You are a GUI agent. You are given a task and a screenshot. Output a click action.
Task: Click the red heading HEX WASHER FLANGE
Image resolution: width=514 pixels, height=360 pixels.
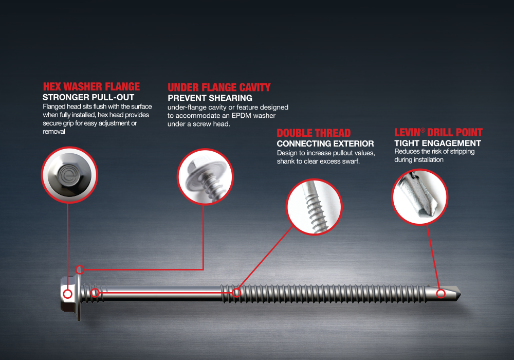91,86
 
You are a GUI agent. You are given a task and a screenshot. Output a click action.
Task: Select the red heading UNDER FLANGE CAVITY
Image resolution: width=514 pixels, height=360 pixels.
219,87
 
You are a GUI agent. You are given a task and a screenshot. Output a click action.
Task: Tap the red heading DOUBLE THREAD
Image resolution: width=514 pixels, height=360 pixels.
314,133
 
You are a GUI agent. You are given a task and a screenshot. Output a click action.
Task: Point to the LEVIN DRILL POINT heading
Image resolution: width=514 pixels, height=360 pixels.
438,133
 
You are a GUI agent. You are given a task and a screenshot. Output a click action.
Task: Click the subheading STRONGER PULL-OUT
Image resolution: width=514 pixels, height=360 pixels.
88,97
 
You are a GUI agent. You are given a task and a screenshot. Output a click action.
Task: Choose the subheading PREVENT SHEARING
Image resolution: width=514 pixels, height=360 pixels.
210,98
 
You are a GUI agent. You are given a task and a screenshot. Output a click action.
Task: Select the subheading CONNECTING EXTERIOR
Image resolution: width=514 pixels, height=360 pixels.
325,143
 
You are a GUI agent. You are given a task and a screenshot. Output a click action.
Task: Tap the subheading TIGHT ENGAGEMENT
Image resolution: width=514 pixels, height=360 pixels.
437,143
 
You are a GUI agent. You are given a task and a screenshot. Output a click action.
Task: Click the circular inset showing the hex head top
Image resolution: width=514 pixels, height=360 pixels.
69,174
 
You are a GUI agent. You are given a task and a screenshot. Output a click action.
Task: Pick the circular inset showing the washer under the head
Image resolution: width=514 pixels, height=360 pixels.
205,177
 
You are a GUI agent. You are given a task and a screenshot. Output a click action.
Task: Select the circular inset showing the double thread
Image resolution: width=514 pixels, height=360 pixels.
314,207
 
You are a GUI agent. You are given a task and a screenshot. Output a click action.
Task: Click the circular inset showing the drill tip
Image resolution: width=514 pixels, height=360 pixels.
419,197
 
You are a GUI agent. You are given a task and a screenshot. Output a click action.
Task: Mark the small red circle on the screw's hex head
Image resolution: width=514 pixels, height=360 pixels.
68,294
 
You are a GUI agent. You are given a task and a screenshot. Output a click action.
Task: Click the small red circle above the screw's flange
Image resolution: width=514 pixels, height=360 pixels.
80,270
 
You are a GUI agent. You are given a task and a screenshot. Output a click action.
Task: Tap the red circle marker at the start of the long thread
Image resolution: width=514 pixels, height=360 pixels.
236,293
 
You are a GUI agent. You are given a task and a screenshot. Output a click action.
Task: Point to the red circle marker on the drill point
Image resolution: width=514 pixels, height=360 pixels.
441,294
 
